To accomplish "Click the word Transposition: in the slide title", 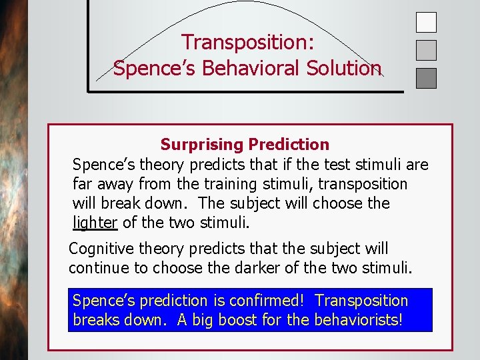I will (248, 42).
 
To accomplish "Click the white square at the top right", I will (426, 22).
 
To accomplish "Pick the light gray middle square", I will (426, 50).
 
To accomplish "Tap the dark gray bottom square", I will (426, 78).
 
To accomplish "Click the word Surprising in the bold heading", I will (201, 144).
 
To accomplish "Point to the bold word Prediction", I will (288, 144).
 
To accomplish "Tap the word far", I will (83, 183).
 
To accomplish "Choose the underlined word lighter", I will (95, 222).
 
